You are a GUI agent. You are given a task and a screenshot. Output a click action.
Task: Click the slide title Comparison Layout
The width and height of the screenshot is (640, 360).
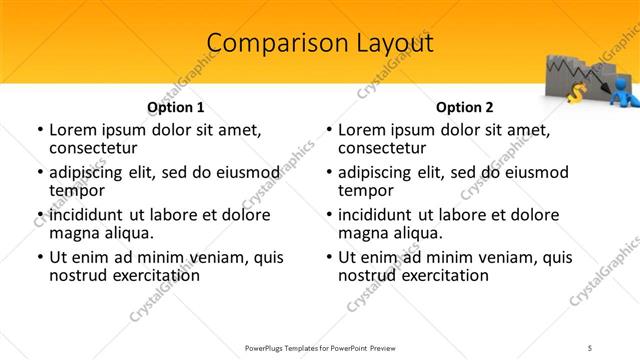320,43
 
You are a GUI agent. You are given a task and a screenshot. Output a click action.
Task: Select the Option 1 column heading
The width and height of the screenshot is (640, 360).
176,107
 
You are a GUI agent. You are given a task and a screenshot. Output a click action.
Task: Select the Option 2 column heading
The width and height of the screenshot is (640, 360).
465,107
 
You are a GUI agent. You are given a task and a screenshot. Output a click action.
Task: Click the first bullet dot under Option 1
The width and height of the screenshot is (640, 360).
39,131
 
